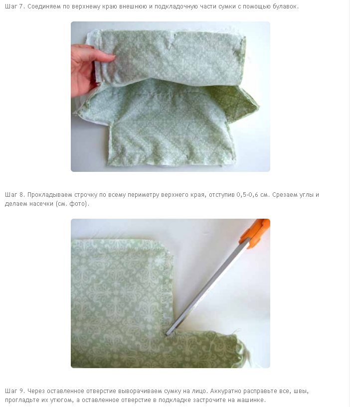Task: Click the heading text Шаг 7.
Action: click(x=15, y=6)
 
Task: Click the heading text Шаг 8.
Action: click(x=15, y=195)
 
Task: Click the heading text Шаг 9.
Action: click(x=15, y=391)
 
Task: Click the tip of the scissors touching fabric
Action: click(x=167, y=335)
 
